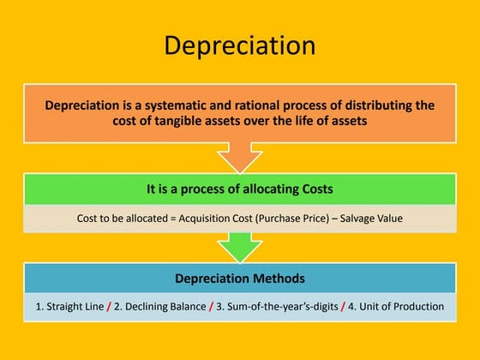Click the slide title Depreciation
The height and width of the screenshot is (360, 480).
click(239, 45)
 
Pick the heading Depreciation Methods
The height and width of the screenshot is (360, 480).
click(239, 279)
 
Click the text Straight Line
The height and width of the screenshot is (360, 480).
click(71, 306)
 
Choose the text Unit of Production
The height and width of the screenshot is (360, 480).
click(399, 306)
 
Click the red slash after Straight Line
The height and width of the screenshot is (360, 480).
click(109, 306)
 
